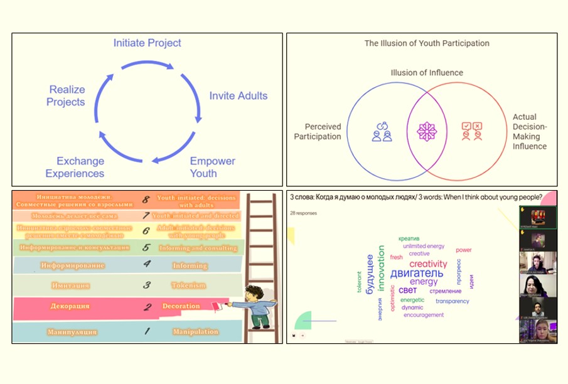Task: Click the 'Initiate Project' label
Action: tap(147, 43)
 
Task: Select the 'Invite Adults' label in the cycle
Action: tap(238, 96)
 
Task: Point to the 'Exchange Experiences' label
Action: tap(80, 167)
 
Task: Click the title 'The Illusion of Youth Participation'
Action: tap(427, 44)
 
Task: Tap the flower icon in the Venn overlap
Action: tap(426, 131)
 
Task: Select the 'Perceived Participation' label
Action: tap(318, 131)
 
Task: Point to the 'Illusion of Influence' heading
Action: tap(427, 73)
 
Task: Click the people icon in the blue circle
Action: tap(382, 131)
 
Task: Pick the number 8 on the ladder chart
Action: tap(145, 200)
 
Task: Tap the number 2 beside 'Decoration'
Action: tap(145, 307)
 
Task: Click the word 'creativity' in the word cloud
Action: tap(428, 264)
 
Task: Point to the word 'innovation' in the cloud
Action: tap(381, 271)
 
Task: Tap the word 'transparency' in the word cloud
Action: tap(452, 301)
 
